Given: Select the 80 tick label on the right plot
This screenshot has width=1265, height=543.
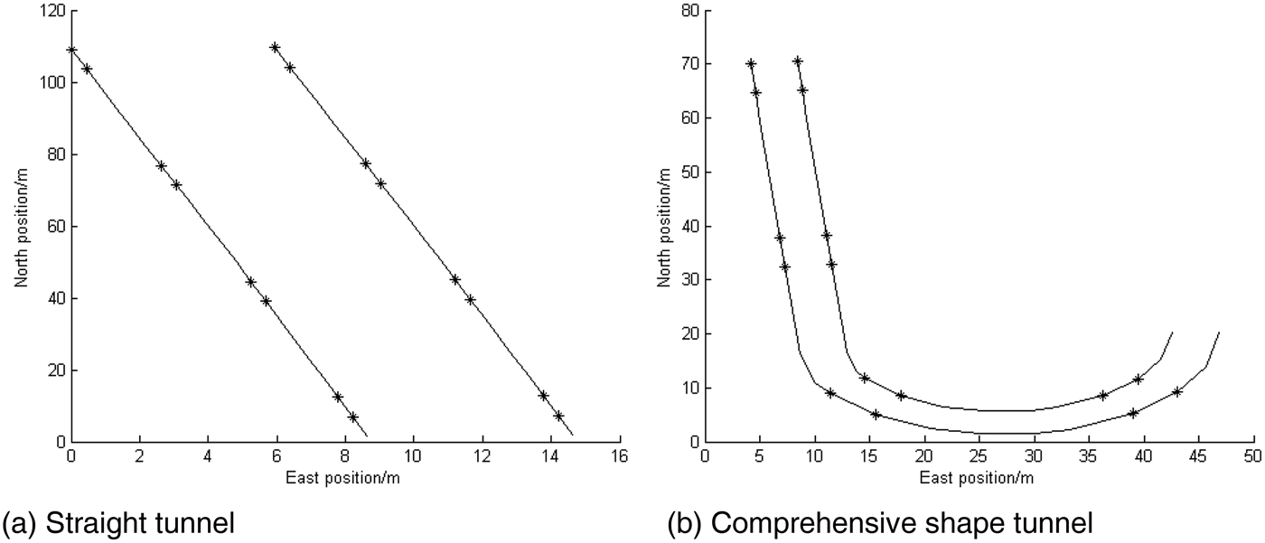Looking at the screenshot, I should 690,11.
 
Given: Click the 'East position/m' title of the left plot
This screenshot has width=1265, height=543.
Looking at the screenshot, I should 343,476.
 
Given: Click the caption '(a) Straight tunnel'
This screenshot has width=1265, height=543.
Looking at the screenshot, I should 121,522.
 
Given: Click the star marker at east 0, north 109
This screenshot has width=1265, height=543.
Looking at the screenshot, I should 71,51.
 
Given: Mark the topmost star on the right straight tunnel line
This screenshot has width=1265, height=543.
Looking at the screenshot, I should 275,48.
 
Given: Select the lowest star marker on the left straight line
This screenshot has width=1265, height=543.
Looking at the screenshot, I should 353,417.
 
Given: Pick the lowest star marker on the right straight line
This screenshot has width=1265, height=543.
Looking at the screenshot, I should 558,417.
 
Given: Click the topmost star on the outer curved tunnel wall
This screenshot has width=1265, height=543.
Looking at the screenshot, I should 751,64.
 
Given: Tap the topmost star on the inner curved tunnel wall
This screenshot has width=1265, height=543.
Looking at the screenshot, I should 798,61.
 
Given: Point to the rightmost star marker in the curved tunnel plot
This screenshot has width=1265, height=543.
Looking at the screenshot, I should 1176,392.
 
